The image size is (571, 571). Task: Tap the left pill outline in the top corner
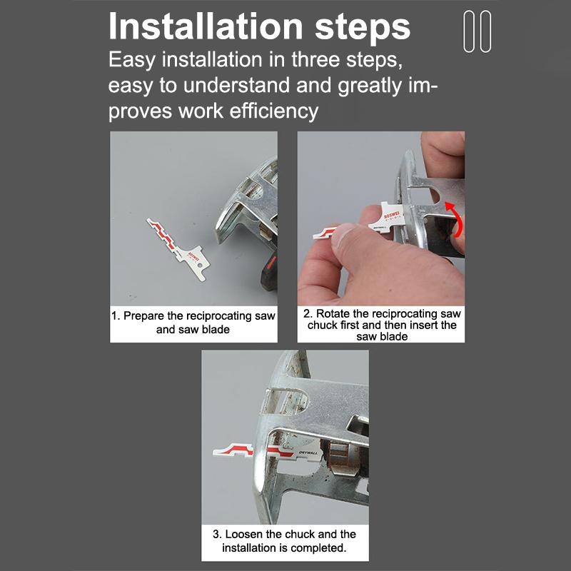point(469,31)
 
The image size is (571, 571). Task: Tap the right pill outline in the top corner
point(486,31)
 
